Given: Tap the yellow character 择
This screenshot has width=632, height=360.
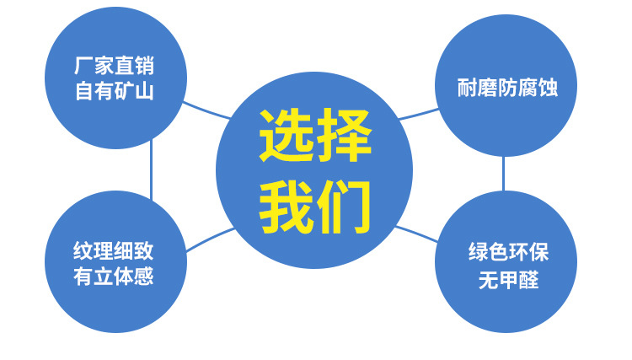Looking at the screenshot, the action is pos(344,137).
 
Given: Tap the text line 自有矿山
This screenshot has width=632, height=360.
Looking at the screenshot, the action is pos(114,91).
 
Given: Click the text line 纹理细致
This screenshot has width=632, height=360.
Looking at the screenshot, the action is pos(114,251).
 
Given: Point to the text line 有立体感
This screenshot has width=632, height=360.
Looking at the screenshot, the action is pos(114,276).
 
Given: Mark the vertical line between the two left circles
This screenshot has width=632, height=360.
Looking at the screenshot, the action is pos(152,169).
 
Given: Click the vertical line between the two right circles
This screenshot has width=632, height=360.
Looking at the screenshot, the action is pos(503,173).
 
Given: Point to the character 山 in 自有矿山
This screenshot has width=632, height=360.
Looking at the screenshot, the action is pos(144,91).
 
